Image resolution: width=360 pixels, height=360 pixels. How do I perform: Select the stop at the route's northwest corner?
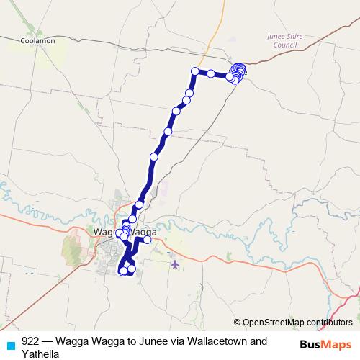coord(194,71)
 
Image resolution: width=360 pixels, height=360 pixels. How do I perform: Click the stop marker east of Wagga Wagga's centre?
coord(148,240)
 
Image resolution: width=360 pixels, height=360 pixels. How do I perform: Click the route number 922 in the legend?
coord(30,341)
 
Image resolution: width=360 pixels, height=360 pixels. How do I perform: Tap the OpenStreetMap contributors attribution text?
coord(297,322)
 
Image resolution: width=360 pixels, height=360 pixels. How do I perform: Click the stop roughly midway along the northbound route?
coord(153,156)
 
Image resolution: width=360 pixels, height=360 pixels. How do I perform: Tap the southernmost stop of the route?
coord(123,271)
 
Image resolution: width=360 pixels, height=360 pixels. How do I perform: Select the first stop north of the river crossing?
coord(140,204)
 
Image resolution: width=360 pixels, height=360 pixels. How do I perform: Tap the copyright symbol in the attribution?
coord(238,322)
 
